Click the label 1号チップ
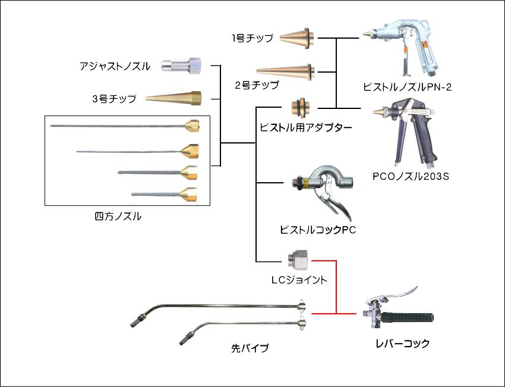252,39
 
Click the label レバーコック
402,344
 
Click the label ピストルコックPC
318,230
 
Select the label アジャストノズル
115,65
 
